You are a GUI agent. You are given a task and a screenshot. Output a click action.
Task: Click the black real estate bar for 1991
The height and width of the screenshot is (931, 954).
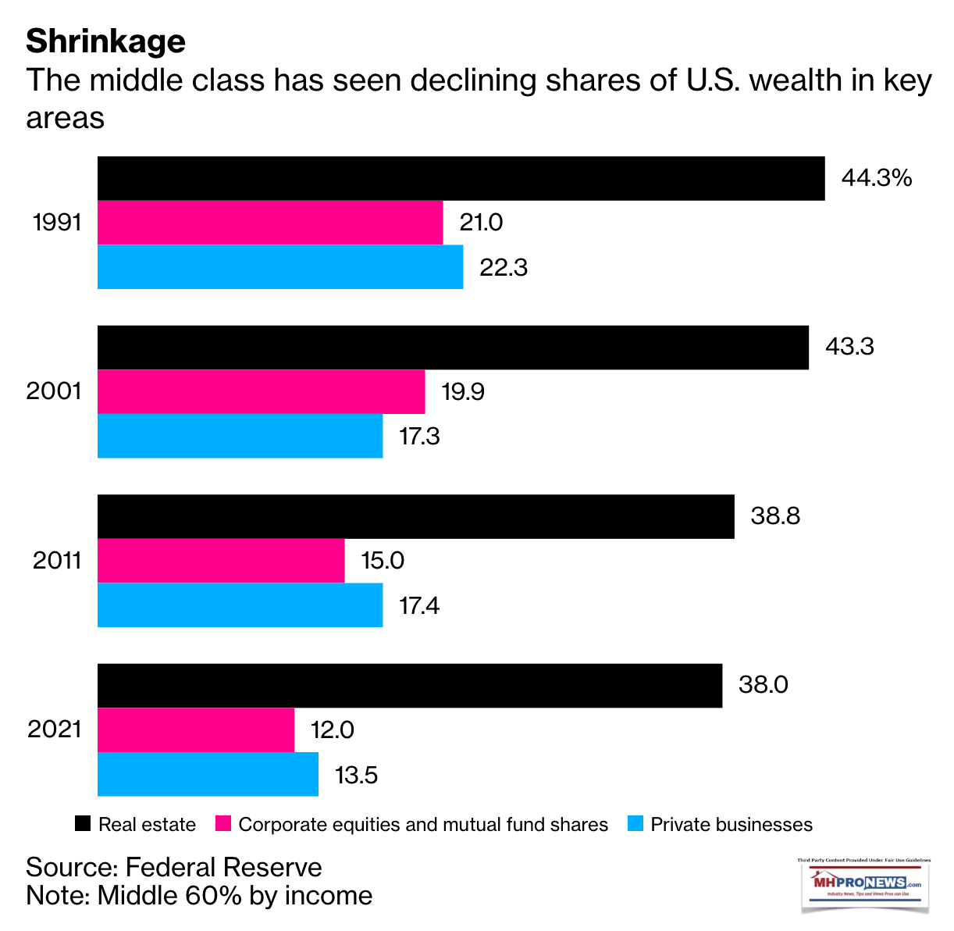coord(461,179)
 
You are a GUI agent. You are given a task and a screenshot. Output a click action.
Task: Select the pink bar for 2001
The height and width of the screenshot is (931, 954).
coord(261,392)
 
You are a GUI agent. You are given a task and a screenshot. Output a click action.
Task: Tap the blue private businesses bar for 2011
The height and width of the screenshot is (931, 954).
coord(240,605)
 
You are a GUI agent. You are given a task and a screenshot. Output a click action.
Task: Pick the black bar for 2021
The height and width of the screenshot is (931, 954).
coord(409,686)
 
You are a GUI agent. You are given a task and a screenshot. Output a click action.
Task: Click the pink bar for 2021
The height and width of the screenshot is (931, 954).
coord(195,730)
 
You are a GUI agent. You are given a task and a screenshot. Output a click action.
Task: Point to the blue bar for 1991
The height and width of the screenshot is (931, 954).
coord(279,267)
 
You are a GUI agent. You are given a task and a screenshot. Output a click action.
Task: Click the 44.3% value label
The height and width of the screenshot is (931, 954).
coord(876,178)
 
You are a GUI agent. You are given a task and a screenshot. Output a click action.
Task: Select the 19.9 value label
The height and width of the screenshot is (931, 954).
coord(463,391)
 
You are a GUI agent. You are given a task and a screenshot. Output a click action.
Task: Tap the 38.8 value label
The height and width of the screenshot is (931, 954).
coord(775,516)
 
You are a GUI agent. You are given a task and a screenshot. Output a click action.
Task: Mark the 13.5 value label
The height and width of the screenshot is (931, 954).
coord(356,775)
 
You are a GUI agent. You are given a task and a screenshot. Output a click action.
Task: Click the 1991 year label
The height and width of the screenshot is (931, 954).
coord(57,223)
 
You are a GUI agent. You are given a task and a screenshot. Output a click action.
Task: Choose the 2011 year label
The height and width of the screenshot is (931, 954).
coord(57,560)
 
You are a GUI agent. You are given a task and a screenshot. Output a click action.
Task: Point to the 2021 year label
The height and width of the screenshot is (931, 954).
coord(55,729)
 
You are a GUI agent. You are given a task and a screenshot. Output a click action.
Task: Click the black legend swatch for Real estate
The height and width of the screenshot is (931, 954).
coord(83,824)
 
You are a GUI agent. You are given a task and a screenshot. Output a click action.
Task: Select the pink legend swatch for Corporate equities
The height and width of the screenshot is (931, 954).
coord(223,824)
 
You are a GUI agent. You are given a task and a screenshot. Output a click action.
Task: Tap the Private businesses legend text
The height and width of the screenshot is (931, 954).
coord(732,825)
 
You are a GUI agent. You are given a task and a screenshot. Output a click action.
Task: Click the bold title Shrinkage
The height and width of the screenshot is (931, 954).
coord(105,41)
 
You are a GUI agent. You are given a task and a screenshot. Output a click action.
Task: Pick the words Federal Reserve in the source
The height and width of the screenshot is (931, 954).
coord(223,867)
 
